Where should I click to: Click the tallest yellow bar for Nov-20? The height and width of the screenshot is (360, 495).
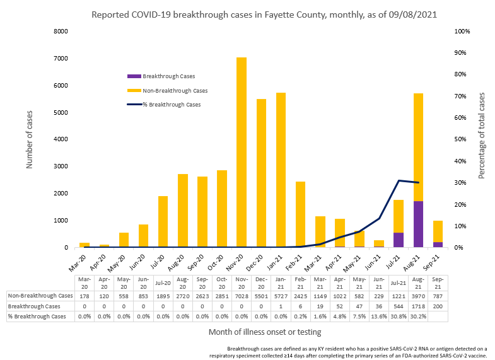click(x=241, y=151)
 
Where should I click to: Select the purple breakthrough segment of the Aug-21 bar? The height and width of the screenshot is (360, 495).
click(x=417, y=224)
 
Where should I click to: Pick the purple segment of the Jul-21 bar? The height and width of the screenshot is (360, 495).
click(x=398, y=240)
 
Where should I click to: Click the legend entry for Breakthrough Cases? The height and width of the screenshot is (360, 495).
click(x=165, y=75)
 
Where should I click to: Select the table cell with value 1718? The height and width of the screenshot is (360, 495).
click(x=417, y=306)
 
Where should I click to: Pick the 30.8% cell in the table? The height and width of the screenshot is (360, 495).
click(x=398, y=316)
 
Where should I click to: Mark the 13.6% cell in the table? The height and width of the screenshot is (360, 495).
click(x=378, y=316)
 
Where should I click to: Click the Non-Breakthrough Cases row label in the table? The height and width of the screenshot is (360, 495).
click(x=40, y=295)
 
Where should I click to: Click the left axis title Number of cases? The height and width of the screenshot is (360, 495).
click(x=29, y=139)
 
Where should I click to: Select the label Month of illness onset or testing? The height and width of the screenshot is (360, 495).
click(x=265, y=332)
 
